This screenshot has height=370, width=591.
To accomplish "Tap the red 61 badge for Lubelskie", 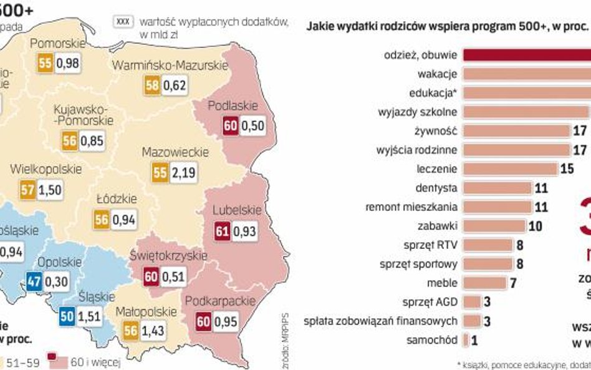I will (x=222, y=231).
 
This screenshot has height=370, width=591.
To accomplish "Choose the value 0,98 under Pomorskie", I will (x=67, y=64).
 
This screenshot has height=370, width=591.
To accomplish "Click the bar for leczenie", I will (x=510, y=168).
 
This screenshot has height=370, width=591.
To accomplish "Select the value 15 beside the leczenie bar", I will (x=567, y=169).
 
